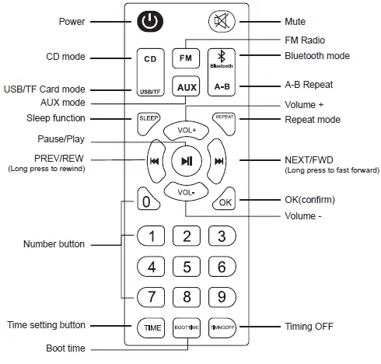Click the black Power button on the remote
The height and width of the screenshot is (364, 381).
(151, 23)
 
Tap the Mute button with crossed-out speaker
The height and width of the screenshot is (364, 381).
(222, 22)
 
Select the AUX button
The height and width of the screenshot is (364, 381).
(187, 87)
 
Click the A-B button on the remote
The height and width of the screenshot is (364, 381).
(222, 87)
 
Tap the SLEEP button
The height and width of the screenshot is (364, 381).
(149, 119)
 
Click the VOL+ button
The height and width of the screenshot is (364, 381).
(187, 130)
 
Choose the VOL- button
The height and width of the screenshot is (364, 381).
(187, 191)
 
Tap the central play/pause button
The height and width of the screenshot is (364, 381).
(187, 161)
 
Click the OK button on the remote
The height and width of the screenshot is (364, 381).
(225, 201)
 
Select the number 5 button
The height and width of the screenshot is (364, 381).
(187, 267)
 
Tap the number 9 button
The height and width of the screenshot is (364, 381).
(222, 296)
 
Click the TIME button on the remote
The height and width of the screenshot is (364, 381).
(152, 328)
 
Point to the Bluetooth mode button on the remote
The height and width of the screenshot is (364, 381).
(222, 60)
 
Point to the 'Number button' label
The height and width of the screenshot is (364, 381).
(54, 244)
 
